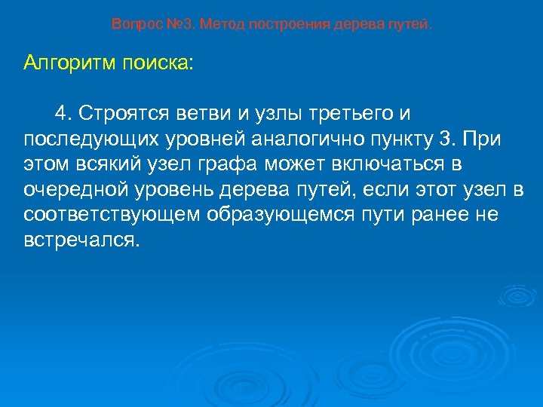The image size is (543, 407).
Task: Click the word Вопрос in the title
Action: [x=133, y=24]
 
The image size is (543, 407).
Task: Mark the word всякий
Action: [x=102, y=164]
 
